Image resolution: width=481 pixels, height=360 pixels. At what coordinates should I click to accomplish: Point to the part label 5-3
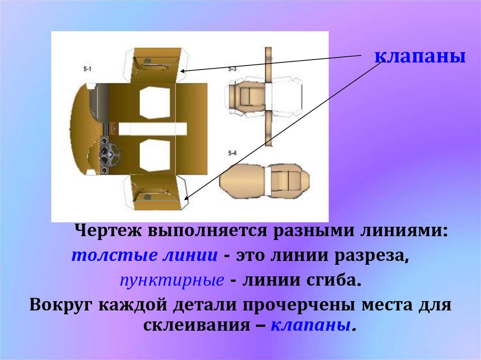tap(232, 69)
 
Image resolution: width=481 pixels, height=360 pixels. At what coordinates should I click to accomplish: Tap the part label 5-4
tap(232, 153)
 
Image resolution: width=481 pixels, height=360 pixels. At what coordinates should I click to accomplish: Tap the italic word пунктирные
tap(171, 281)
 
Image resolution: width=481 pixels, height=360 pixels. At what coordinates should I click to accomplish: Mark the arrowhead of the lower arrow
tap(188, 199)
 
